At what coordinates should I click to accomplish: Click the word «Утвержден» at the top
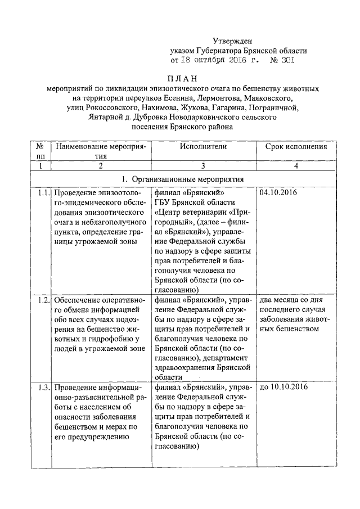coord(232,40)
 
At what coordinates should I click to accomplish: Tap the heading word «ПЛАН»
coord(183,79)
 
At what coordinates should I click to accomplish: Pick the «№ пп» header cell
coord(40,151)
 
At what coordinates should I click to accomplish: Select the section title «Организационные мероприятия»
coord(188,179)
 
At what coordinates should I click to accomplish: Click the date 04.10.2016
coord(279,193)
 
